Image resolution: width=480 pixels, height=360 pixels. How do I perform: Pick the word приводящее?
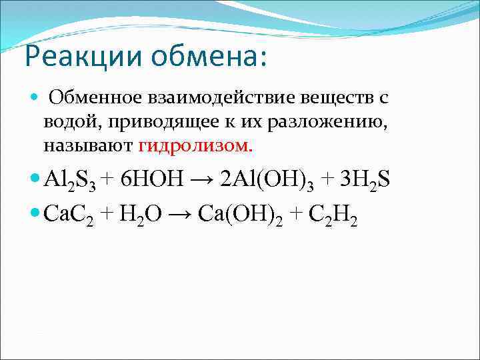tap(154, 122)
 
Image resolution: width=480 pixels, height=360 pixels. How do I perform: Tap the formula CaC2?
tap(70, 215)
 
